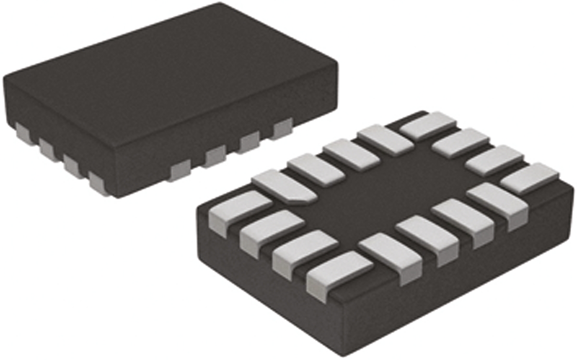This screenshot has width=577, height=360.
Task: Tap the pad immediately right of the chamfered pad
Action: (316, 168)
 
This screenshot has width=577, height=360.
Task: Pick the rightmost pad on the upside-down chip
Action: (530, 178)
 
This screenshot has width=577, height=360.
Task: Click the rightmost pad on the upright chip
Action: (283, 129)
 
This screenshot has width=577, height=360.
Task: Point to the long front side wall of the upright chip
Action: (231, 144)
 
